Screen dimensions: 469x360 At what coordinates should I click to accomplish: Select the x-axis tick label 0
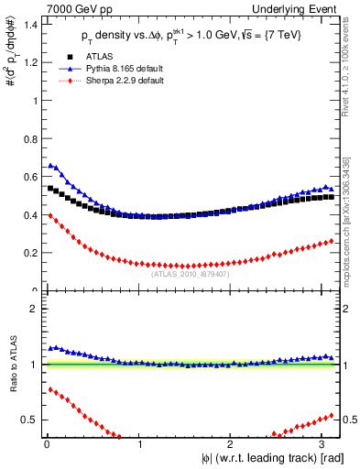coord(46,445)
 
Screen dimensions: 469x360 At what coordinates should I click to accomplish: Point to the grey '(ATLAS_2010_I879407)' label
coord(191,272)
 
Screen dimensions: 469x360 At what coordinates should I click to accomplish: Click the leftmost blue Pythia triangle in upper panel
coord(50,165)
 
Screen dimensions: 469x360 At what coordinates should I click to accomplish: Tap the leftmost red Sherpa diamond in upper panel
coord(50,216)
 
